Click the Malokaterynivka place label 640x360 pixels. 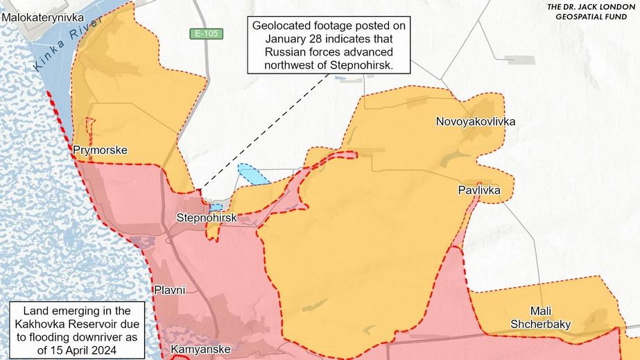point(42,16)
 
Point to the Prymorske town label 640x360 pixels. point(100,150)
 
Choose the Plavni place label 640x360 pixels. point(169,289)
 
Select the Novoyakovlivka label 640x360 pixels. point(475,122)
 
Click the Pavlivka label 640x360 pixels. point(478,189)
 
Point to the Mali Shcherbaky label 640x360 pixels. point(540,317)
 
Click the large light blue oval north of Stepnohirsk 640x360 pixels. point(253,175)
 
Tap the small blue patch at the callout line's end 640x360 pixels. point(216,207)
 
